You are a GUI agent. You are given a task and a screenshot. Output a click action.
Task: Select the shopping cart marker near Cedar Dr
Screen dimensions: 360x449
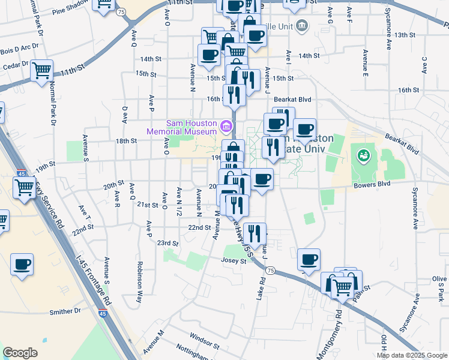coord(41,71)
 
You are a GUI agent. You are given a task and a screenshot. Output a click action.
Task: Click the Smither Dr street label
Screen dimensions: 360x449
coord(65,311)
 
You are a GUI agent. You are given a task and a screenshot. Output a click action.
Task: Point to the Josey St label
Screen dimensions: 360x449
coord(234,261)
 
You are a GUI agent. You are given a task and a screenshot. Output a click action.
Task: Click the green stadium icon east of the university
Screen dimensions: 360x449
coord(363,157)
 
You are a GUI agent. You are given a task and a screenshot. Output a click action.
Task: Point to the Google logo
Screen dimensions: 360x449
coord(19,353)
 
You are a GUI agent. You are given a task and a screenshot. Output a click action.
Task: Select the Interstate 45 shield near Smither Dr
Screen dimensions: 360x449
coord(103,313)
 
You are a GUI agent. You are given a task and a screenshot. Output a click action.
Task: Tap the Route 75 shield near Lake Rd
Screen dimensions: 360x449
coord(271,271)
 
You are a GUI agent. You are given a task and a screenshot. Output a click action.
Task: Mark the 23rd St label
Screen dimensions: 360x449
coord(168,243)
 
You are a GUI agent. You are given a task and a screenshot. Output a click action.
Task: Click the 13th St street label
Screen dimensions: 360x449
coord(405,35)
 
